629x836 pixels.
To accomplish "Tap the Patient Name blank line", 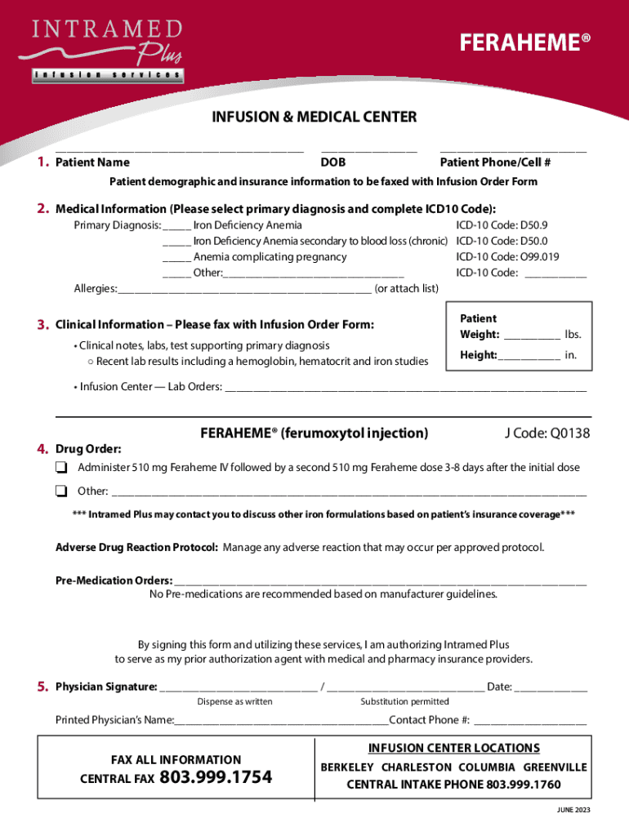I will pyautogui.click(x=179, y=150).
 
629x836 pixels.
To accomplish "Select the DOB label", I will pyautogui.click(x=333, y=162).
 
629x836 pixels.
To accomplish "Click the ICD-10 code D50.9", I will pyautogui.click(x=502, y=225).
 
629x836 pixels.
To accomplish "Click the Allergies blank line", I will pyautogui.click(x=244, y=290).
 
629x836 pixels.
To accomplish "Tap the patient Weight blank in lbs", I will pyautogui.click(x=532, y=336).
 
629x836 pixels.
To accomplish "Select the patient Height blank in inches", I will pyautogui.click(x=529, y=356).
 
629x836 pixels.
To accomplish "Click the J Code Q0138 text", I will pyautogui.click(x=546, y=434).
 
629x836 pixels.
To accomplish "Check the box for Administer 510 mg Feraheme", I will pyautogui.click(x=61, y=468).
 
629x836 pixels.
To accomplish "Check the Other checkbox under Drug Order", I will pyautogui.click(x=61, y=491).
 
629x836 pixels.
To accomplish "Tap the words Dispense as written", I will pyautogui.click(x=234, y=702).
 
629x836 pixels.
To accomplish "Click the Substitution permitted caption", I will pyautogui.click(x=404, y=702).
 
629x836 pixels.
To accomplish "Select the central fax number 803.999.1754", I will pyautogui.click(x=216, y=778).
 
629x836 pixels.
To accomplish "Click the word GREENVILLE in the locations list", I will pyautogui.click(x=555, y=767).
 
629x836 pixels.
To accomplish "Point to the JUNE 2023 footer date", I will pyautogui.click(x=569, y=810).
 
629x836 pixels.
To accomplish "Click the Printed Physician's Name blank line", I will pyautogui.click(x=281, y=722).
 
